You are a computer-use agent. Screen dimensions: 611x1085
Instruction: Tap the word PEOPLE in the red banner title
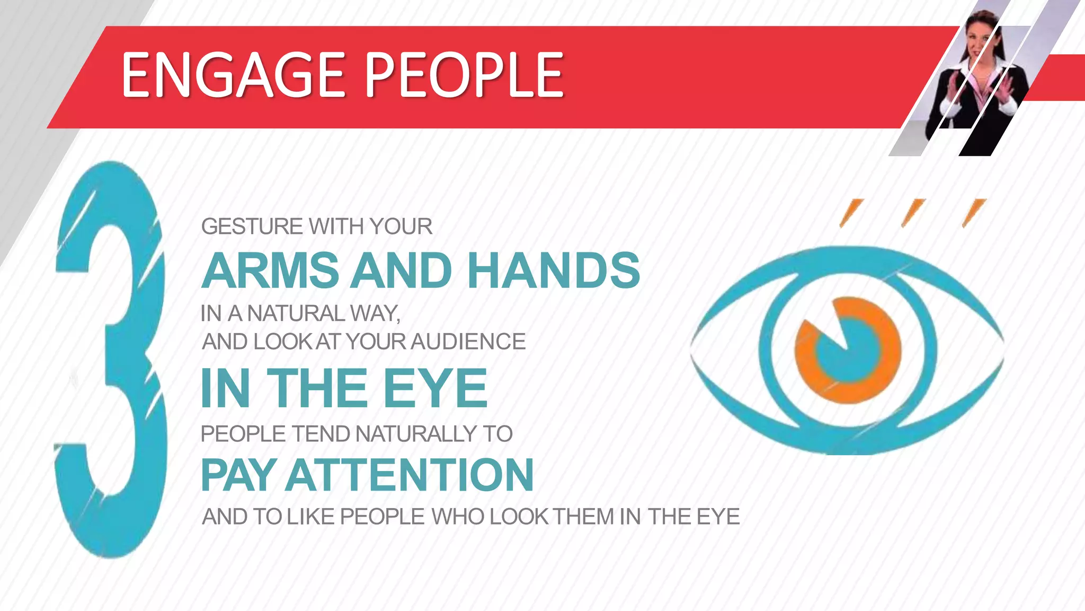click(465, 75)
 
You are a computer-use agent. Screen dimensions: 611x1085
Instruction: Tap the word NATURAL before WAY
click(297, 314)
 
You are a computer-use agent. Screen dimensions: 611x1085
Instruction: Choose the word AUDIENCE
click(468, 342)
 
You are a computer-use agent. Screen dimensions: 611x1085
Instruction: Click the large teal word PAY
click(238, 475)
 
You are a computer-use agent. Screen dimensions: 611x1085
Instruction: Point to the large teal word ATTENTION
click(410, 475)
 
